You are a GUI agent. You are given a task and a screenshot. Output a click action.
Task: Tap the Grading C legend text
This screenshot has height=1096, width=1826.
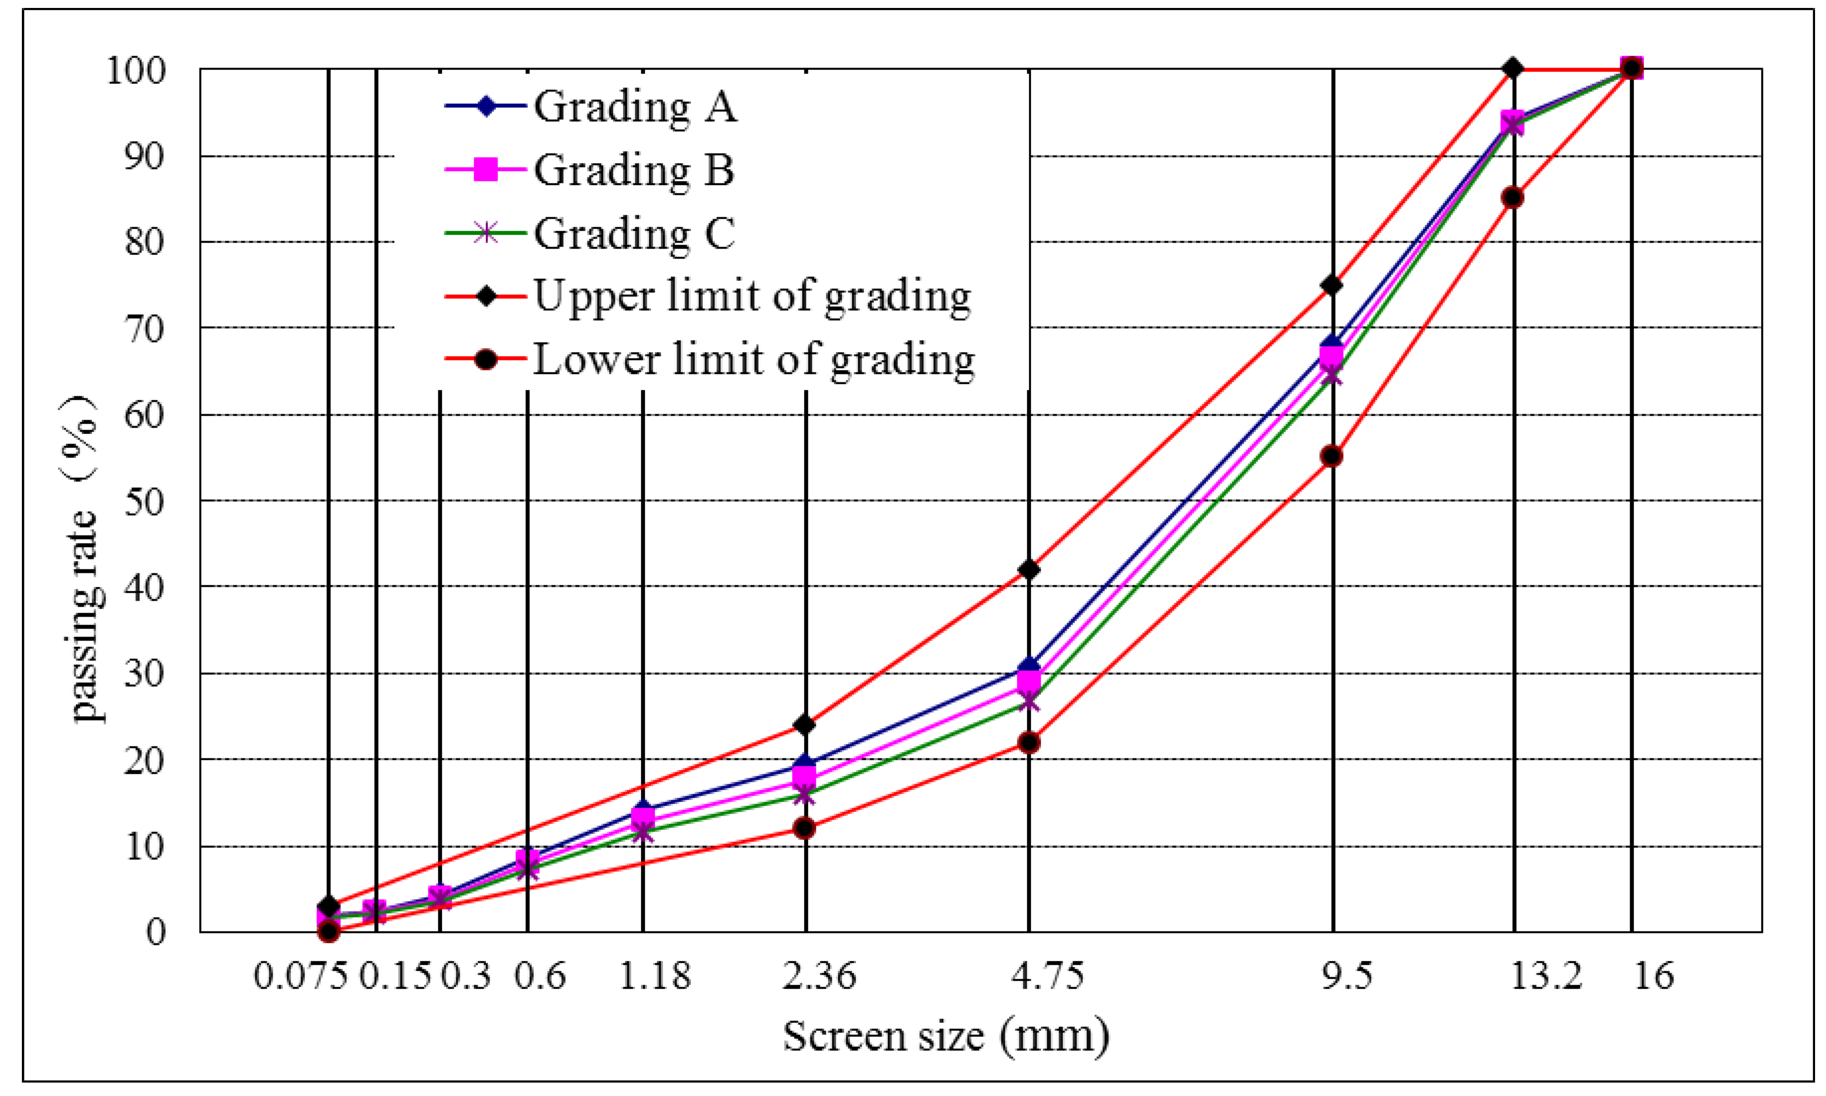(x=634, y=234)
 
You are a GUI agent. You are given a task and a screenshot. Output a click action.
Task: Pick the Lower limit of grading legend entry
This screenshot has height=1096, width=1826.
(x=754, y=361)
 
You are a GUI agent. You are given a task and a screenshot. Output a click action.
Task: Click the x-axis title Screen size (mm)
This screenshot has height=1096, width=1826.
(x=946, y=1036)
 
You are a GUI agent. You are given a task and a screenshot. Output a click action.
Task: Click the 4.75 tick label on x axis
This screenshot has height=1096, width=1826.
(x=1047, y=976)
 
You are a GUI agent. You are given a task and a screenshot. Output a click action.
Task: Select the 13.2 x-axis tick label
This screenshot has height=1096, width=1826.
(x=1545, y=976)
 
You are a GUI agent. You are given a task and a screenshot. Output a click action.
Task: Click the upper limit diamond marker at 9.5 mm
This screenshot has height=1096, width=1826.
(x=1332, y=285)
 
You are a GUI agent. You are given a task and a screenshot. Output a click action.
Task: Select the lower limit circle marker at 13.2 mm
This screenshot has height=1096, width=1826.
(x=1513, y=197)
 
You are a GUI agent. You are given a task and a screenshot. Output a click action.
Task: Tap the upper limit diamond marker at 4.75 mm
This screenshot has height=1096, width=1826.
(x=1029, y=569)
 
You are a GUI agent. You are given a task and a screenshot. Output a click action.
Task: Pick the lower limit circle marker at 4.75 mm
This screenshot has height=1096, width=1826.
(x=1029, y=742)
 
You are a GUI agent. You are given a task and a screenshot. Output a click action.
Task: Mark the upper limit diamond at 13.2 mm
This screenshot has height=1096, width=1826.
(x=1513, y=69)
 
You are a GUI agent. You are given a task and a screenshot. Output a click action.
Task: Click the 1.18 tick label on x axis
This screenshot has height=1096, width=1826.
(x=654, y=976)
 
